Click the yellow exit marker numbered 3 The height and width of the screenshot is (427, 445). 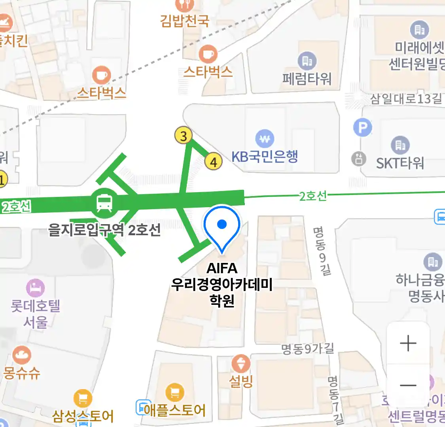coord(183,136)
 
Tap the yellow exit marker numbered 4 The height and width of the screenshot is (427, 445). coord(213,162)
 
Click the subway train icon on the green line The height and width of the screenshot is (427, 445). coord(104,203)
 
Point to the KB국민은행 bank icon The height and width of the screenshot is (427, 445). coord(265,139)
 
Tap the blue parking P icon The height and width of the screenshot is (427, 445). coord(362,128)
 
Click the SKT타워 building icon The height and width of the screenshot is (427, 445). coord(400,145)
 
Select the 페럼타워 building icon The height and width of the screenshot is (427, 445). coord(307,61)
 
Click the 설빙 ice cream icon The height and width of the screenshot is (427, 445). coord(241,363)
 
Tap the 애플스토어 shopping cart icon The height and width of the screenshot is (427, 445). coord(174,393)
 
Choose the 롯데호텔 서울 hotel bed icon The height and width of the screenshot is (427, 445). coord(35,288)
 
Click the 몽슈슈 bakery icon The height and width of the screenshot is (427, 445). coord(21,355)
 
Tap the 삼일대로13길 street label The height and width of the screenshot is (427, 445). coord(406,98)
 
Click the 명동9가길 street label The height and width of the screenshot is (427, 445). coord(307,349)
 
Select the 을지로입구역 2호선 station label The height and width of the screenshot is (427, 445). coord(104,229)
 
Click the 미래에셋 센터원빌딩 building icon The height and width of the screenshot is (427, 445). coord(419,29)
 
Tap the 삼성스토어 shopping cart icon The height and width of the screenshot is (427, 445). coord(83,399)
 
